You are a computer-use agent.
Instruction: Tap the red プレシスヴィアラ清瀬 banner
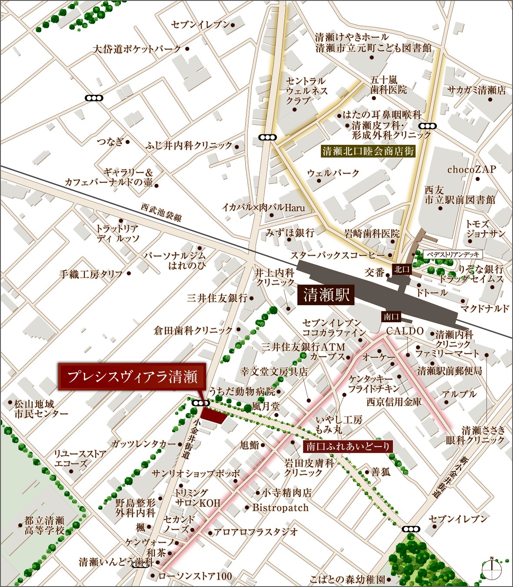tap(132, 377)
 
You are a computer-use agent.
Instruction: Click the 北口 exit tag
tap(402, 270)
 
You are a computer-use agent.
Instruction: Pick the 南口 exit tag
tap(391, 317)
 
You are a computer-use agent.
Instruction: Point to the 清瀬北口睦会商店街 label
tap(368, 151)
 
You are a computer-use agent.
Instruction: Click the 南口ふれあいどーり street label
tap(348, 446)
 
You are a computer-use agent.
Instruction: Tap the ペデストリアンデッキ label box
tap(453, 254)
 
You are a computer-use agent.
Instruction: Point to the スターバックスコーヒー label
tap(338, 255)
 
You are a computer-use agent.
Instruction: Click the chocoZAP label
tap(471, 170)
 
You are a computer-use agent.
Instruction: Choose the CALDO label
tap(405, 331)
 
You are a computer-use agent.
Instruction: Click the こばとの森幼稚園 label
tap(347, 580)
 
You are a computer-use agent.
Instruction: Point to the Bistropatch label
tap(280, 507)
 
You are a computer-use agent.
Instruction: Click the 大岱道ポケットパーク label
tap(137, 49)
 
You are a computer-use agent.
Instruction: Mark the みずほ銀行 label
tap(290, 233)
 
